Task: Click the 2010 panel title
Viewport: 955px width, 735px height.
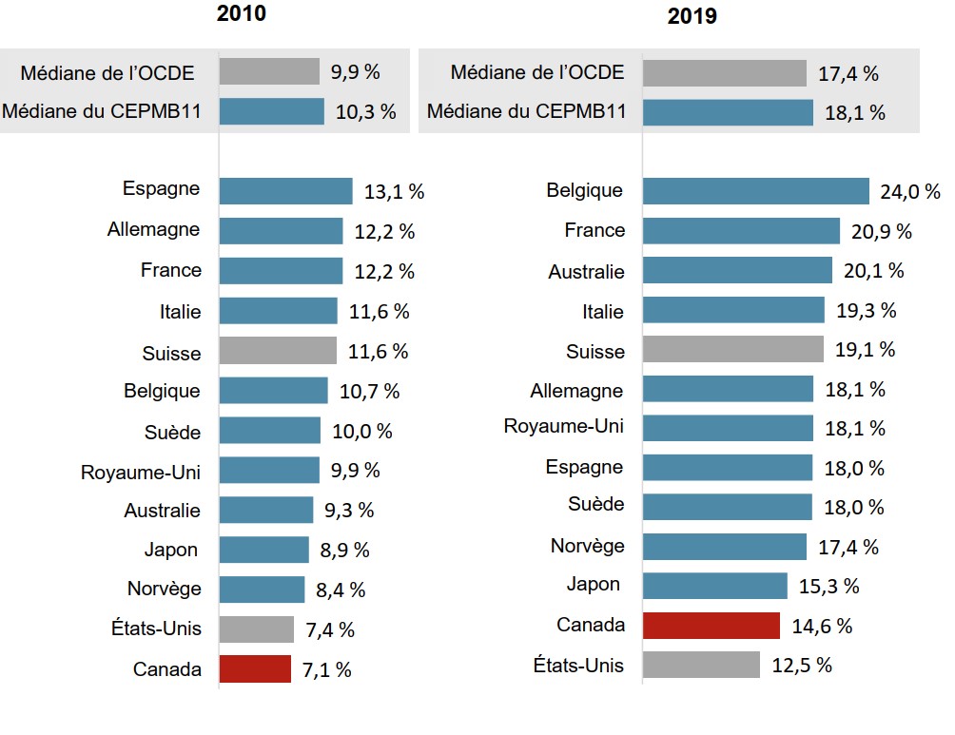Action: tap(241, 14)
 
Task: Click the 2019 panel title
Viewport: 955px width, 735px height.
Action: tap(692, 16)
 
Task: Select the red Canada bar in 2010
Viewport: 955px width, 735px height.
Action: tap(255, 668)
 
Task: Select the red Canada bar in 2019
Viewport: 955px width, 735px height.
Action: tap(711, 625)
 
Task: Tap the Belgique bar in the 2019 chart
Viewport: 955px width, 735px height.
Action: tap(756, 190)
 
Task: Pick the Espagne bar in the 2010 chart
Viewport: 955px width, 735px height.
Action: tap(285, 190)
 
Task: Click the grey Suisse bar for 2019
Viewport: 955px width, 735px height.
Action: tap(733, 349)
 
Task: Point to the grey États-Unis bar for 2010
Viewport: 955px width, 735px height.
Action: tap(257, 629)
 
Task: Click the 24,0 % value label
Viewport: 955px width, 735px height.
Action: tap(910, 191)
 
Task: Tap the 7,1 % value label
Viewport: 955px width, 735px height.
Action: tap(326, 669)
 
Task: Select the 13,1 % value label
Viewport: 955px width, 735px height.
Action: tap(394, 191)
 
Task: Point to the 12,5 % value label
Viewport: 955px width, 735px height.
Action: tap(802, 665)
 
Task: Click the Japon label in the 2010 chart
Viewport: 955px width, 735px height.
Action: tap(171, 550)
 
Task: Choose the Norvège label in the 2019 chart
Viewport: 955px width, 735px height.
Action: tap(587, 546)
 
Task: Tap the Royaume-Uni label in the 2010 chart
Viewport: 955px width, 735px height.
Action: tap(141, 471)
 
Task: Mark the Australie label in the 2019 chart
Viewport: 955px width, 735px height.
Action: tap(586, 272)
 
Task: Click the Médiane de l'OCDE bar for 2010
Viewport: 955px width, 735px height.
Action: tap(269, 71)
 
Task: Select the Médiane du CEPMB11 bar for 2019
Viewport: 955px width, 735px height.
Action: tap(728, 112)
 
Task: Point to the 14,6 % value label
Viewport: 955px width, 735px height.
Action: tap(822, 626)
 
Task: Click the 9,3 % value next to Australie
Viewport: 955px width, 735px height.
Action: tap(349, 510)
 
